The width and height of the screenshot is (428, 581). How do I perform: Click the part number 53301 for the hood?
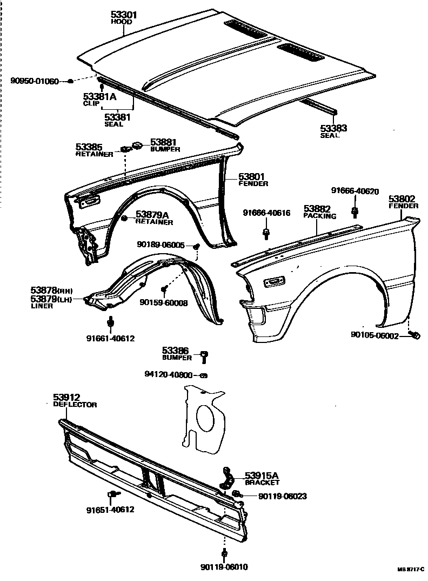click(x=124, y=15)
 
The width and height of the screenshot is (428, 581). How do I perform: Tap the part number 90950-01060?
click(x=35, y=81)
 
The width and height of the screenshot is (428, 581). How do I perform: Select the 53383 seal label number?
click(x=333, y=128)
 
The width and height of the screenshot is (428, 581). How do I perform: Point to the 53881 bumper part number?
click(x=164, y=142)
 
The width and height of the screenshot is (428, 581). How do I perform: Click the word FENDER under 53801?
click(x=253, y=184)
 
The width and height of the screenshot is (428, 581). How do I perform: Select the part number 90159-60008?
click(x=164, y=303)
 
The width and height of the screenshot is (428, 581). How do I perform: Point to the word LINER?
click(x=42, y=306)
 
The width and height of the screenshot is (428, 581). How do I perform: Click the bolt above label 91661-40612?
click(x=110, y=323)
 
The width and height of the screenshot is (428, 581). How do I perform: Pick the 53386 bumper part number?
click(x=177, y=351)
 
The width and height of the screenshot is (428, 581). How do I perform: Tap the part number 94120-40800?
click(x=169, y=374)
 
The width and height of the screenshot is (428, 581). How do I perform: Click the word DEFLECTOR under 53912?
click(x=75, y=405)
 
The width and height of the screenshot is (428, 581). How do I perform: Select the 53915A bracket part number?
click(x=262, y=475)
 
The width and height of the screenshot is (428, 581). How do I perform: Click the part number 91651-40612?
click(x=110, y=510)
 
